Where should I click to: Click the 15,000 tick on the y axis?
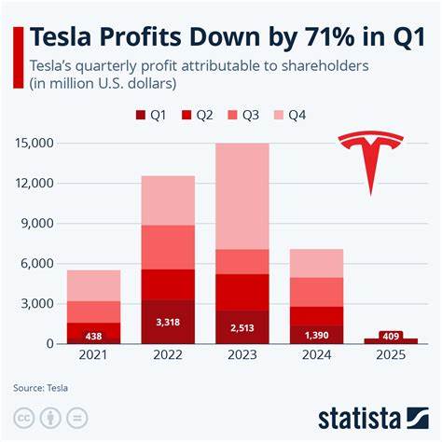[x=35, y=144]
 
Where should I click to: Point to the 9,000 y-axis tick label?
[x=38, y=224]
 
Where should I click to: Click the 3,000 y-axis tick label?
[x=38, y=304]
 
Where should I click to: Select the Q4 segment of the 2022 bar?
[x=168, y=200]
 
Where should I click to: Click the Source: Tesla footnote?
[x=41, y=387]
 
